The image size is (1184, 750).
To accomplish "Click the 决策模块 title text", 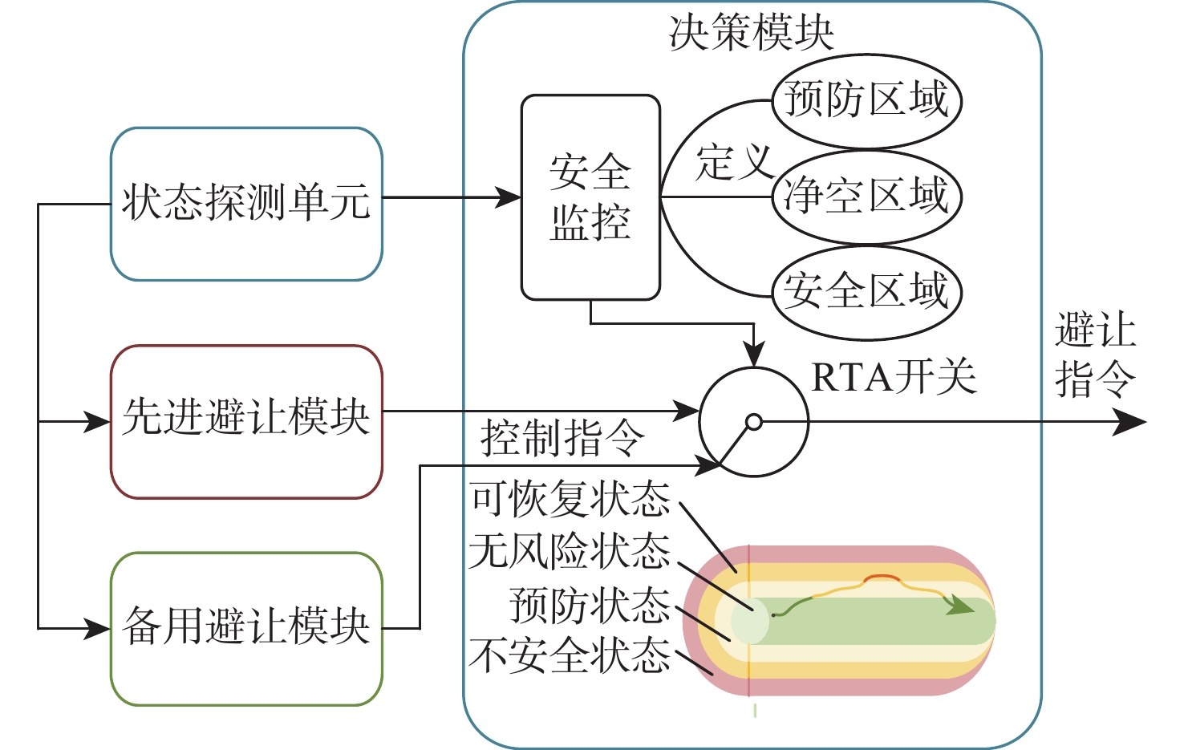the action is [x=751, y=33].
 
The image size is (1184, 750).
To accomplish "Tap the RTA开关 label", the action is [x=894, y=376].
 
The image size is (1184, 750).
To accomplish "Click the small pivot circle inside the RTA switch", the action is [x=754, y=422].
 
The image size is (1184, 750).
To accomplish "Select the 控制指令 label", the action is [x=562, y=438].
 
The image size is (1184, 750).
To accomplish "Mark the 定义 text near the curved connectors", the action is [x=734, y=162].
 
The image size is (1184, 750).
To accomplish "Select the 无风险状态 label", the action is [x=570, y=551].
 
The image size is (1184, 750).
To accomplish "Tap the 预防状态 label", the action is [x=590, y=605].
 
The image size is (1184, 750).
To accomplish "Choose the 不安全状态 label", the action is [x=570, y=655].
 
